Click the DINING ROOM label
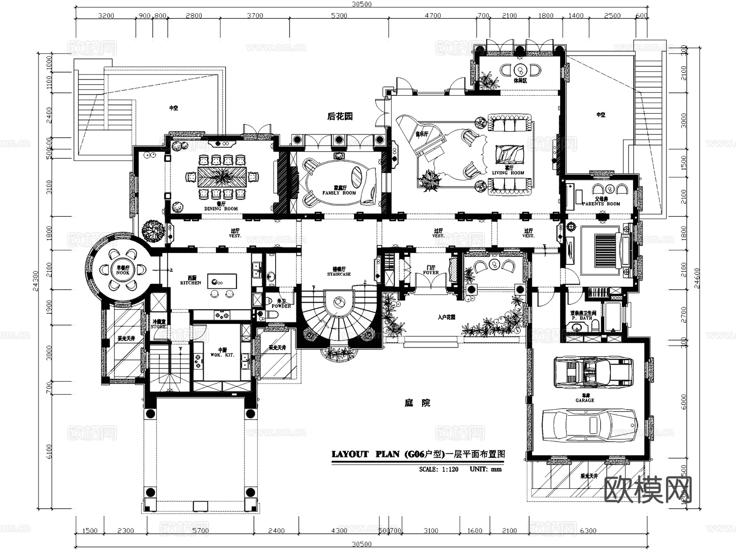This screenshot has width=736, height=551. (x=221, y=209)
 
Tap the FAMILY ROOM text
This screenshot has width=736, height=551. (x=339, y=193)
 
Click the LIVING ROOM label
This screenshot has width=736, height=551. (x=508, y=173)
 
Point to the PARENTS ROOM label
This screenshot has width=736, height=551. (x=601, y=204)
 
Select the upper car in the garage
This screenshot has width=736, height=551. (x=593, y=372)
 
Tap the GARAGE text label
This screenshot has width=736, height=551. (x=585, y=400)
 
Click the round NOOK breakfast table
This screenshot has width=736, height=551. (x=122, y=270)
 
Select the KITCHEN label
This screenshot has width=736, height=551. (x=191, y=283)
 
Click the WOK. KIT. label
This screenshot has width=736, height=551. (x=222, y=355)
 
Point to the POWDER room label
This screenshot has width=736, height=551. (x=281, y=306)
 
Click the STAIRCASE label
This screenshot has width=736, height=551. (x=339, y=274)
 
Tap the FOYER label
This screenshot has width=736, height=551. (x=431, y=272)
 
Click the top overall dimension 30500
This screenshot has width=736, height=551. (x=362, y=4)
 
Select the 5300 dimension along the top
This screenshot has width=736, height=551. (x=339, y=16)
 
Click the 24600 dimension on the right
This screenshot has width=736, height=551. (x=697, y=278)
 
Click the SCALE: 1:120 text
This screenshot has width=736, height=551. (x=438, y=469)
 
